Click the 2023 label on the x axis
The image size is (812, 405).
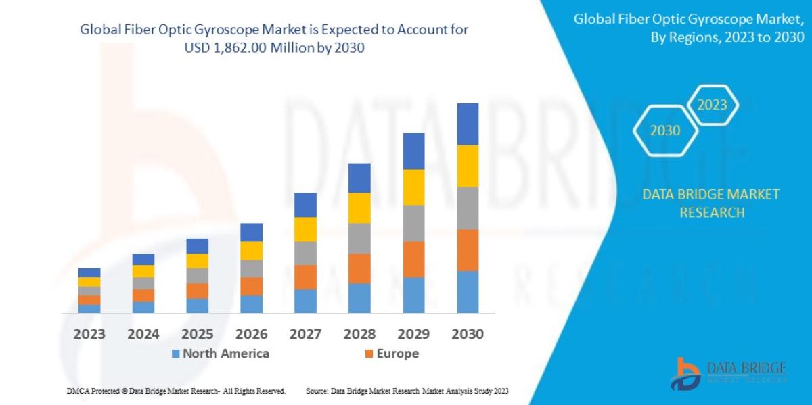click(89, 334)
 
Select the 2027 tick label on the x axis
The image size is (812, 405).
click(305, 334)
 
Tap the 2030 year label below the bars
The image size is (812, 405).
click(468, 334)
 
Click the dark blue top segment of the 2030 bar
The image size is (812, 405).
click(468, 124)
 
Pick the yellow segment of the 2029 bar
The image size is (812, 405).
click(413, 187)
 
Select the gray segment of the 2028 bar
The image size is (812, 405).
click(359, 238)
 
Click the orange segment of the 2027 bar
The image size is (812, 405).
click(305, 277)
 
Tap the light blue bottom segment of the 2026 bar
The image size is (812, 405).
click(251, 304)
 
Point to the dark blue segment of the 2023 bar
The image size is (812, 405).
click(89, 272)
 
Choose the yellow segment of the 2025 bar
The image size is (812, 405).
click(197, 260)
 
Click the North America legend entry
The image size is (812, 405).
click(220, 354)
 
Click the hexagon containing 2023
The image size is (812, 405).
click(712, 105)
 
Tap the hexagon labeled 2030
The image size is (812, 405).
click(665, 131)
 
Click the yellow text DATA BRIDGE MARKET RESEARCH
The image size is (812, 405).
click(710, 204)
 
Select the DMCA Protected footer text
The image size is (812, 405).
click(176, 391)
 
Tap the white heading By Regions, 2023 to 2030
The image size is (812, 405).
click(727, 38)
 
